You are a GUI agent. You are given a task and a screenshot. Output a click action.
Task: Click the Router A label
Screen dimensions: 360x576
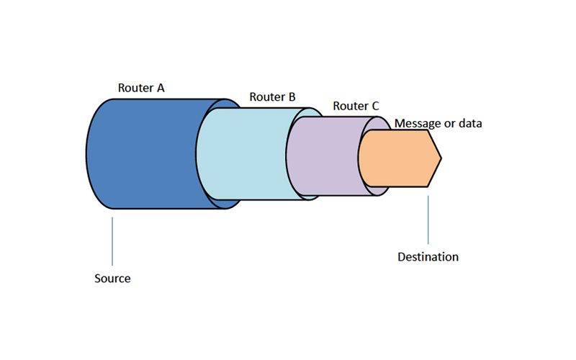click(x=142, y=88)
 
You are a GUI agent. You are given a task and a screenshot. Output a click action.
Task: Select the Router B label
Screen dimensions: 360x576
click(x=272, y=96)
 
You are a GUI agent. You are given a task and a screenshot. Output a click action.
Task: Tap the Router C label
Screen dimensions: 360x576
click(x=356, y=106)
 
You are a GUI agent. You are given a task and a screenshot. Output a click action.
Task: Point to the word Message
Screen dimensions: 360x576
click(x=417, y=124)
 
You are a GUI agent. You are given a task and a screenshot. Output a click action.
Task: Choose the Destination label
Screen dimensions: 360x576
click(x=428, y=256)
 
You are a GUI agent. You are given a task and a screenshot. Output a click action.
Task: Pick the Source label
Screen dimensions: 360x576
click(x=112, y=278)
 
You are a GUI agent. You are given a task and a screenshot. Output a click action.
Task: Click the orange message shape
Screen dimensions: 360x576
click(x=396, y=158)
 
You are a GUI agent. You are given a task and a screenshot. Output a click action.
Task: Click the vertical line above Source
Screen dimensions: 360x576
click(x=112, y=240)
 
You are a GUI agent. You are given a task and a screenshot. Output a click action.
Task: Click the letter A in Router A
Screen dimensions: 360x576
click(x=161, y=88)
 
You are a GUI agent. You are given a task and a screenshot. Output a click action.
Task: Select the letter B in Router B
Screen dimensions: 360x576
click(x=291, y=96)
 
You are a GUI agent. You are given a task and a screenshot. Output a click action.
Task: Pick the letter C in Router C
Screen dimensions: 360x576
click(x=374, y=106)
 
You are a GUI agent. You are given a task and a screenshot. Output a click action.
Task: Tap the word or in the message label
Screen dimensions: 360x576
click(x=449, y=124)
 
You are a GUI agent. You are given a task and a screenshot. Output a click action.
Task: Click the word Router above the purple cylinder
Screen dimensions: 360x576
click(x=349, y=106)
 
